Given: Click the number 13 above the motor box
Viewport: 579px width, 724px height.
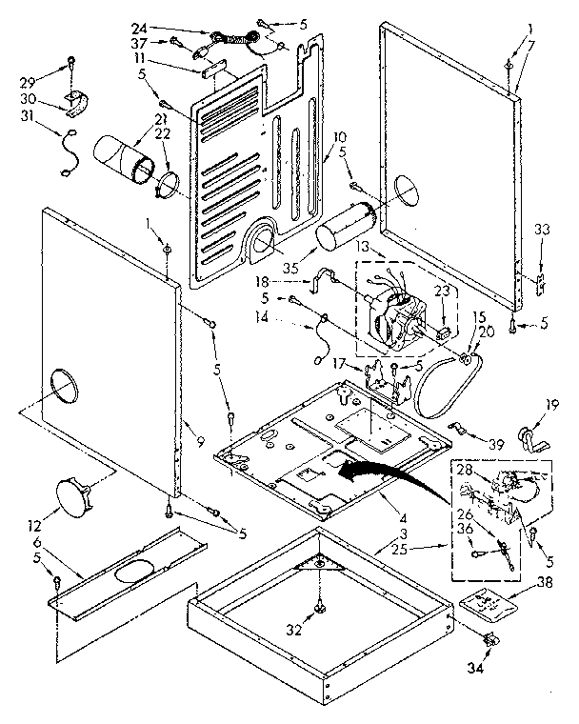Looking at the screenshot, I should (362, 246).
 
